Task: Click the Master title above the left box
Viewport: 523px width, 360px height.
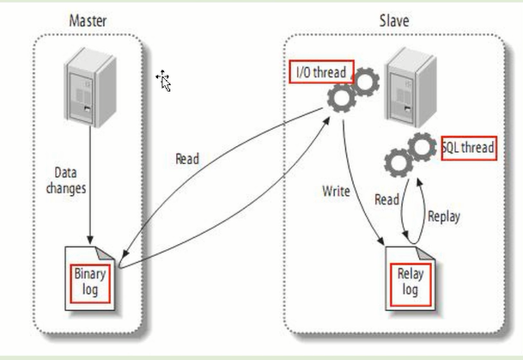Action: point(88,20)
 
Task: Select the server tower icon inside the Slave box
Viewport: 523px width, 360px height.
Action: point(404,82)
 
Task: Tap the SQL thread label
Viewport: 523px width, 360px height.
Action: point(468,148)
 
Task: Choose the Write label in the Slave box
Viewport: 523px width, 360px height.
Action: point(336,191)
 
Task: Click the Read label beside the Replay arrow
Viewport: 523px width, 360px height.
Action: point(386,199)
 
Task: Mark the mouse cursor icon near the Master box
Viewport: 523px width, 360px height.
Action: point(163,81)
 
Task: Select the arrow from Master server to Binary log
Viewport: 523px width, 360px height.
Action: point(89,189)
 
